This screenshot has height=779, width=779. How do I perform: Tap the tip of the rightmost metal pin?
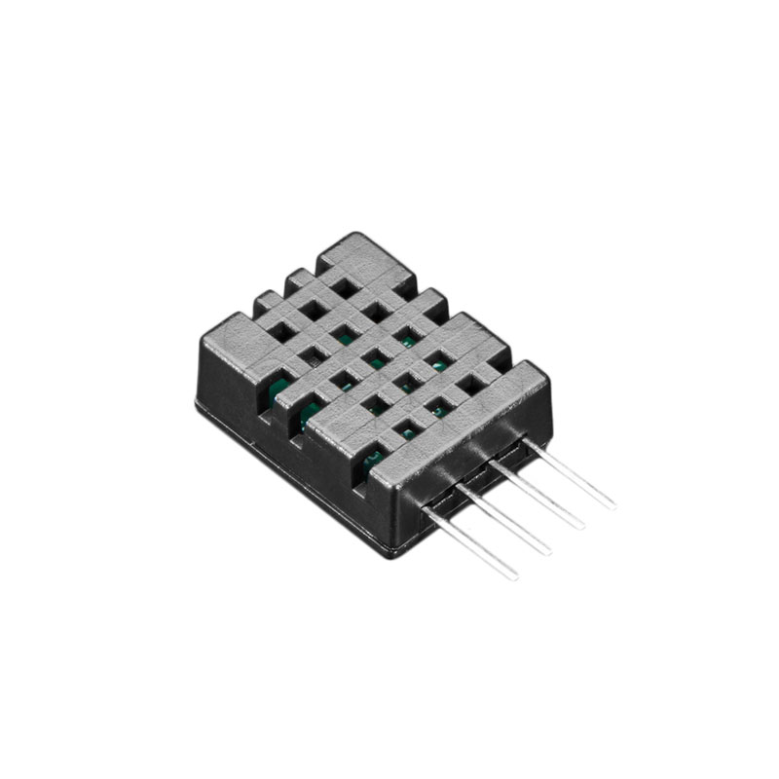612,504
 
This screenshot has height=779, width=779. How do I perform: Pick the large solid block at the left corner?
239,341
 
